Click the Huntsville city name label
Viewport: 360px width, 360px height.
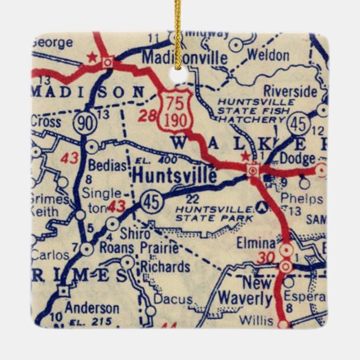[174, 175]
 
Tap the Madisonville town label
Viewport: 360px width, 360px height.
[184, 58]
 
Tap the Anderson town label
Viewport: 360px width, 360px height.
[92, 308]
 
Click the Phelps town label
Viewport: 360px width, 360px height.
[302, 199]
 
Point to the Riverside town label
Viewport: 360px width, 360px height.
[290, 91]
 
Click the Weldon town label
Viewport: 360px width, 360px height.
[268, 55]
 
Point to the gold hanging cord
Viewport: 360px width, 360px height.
[178, 28]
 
